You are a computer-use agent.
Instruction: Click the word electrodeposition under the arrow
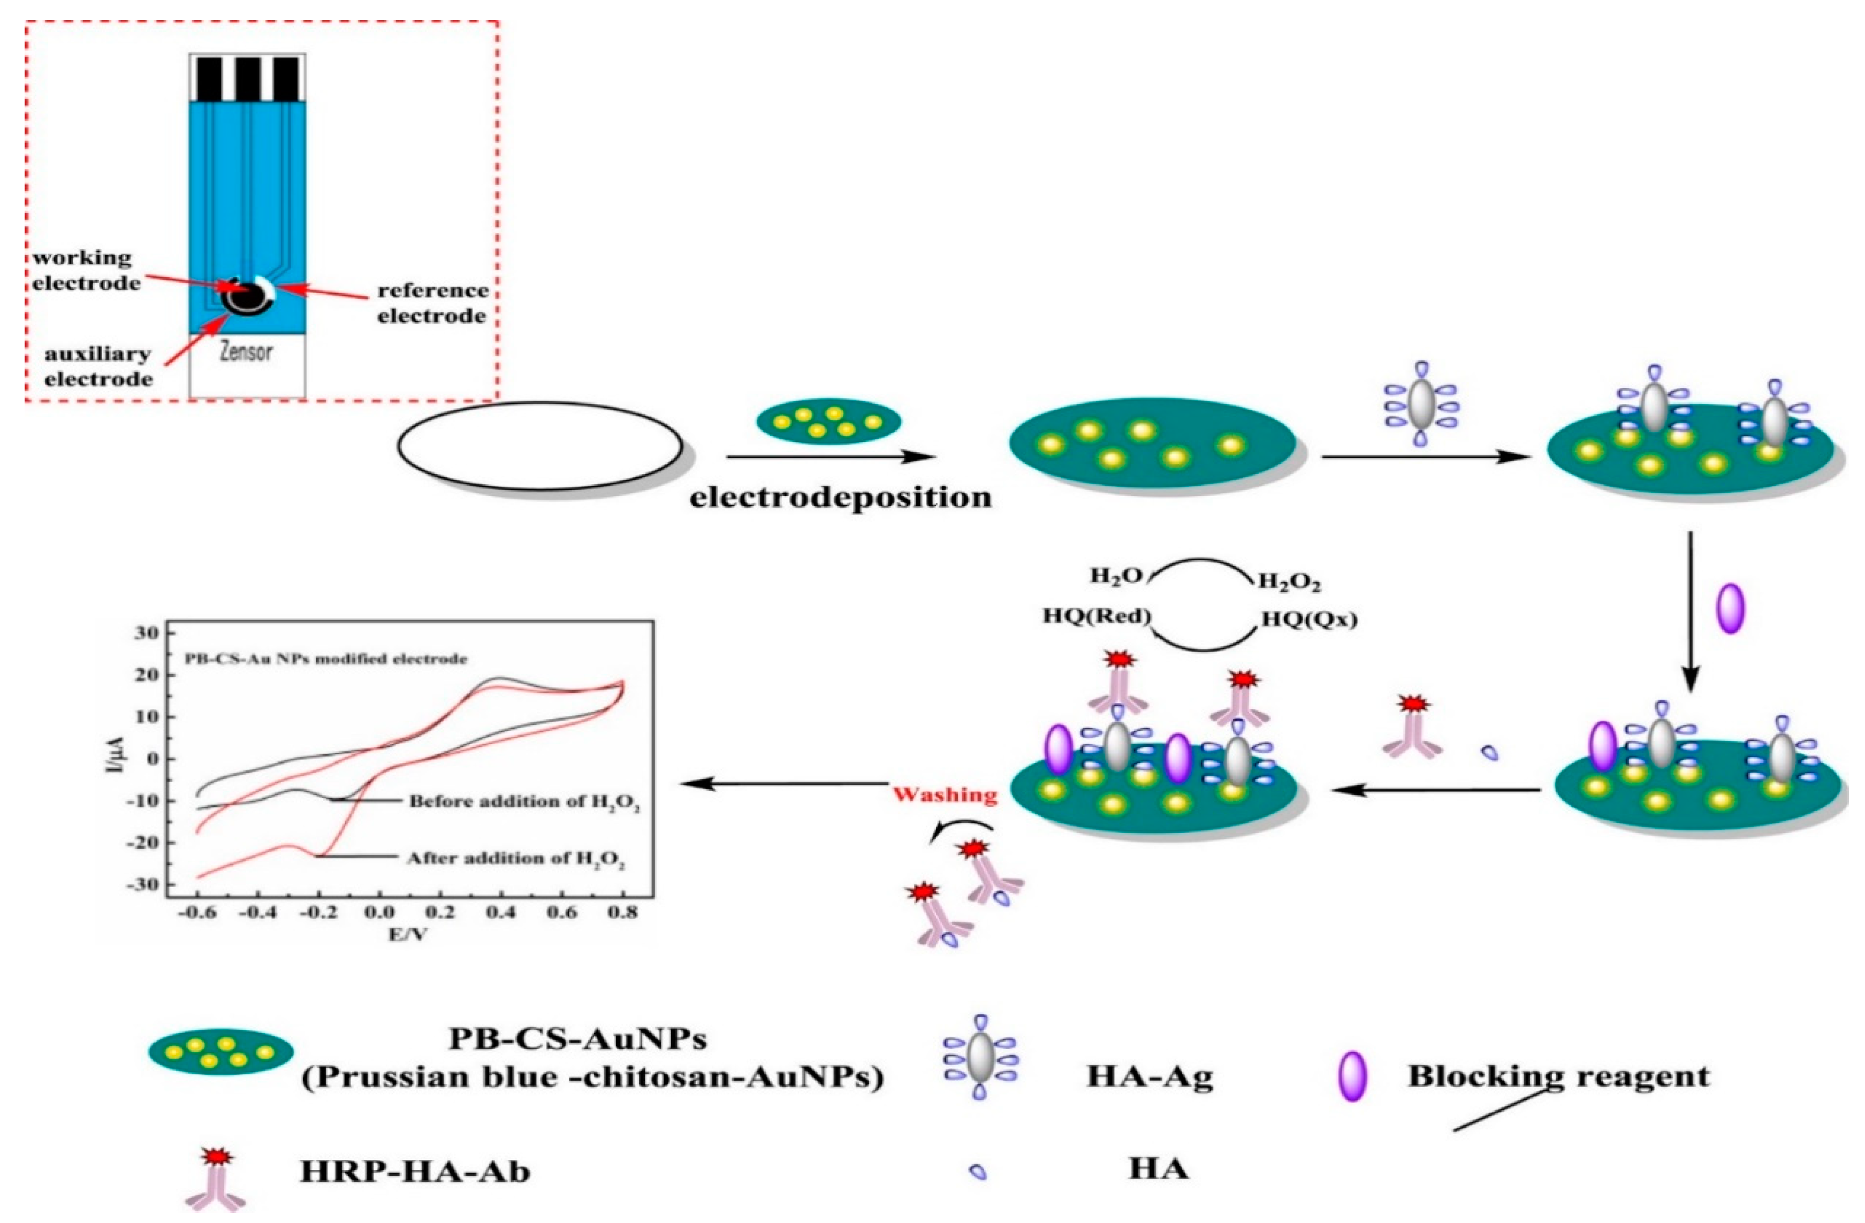pyautogui.click(x=840, y=498)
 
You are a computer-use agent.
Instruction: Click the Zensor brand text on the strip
pyautogui.click(x=246, y=352)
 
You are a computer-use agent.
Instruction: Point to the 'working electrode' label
pyautogui.click(x=85, y=270)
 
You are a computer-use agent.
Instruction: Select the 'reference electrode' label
pyautogui.click(x=432, y=303)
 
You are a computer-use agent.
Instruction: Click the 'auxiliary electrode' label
pyautogui.click(x=98, y=366)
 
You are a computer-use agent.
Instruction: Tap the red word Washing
pyautogui.click(x=945, y=795)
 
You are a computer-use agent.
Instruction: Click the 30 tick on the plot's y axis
pyautogui.click(x=145, y=633)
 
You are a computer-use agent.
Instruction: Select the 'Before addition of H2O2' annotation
pyautogui.click(x=523, y=802)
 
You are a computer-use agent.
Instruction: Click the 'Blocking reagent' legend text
pyautogui.click(x=1558, y=1076)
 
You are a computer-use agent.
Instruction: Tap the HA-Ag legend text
pyautogui.click(x=1150, y=1076)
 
